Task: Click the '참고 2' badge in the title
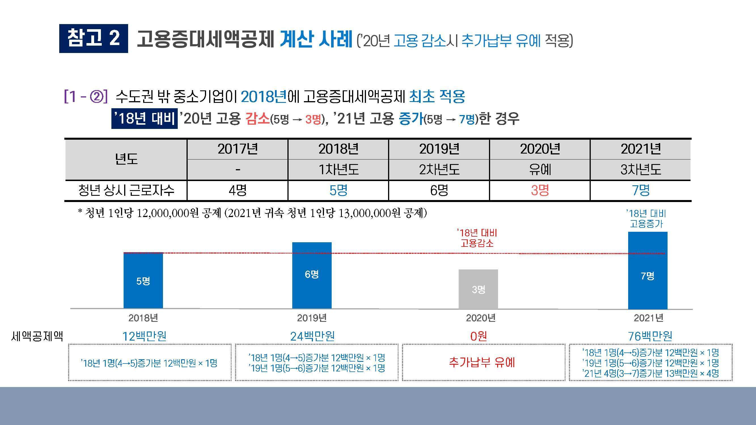point(93,39)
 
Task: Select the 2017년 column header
point(238,149)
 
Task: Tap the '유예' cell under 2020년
point(540,170)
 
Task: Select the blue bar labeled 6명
point(312,275)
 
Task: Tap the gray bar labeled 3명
point(478,289)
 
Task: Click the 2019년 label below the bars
point(312,318)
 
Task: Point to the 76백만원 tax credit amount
point(650,336)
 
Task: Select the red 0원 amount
point(478,336)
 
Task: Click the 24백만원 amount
point(313,336)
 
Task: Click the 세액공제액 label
point(37,336)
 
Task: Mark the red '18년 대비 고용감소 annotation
point(477,238)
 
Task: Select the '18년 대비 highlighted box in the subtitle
point(144,119)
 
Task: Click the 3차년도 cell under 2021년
point(641,170)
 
